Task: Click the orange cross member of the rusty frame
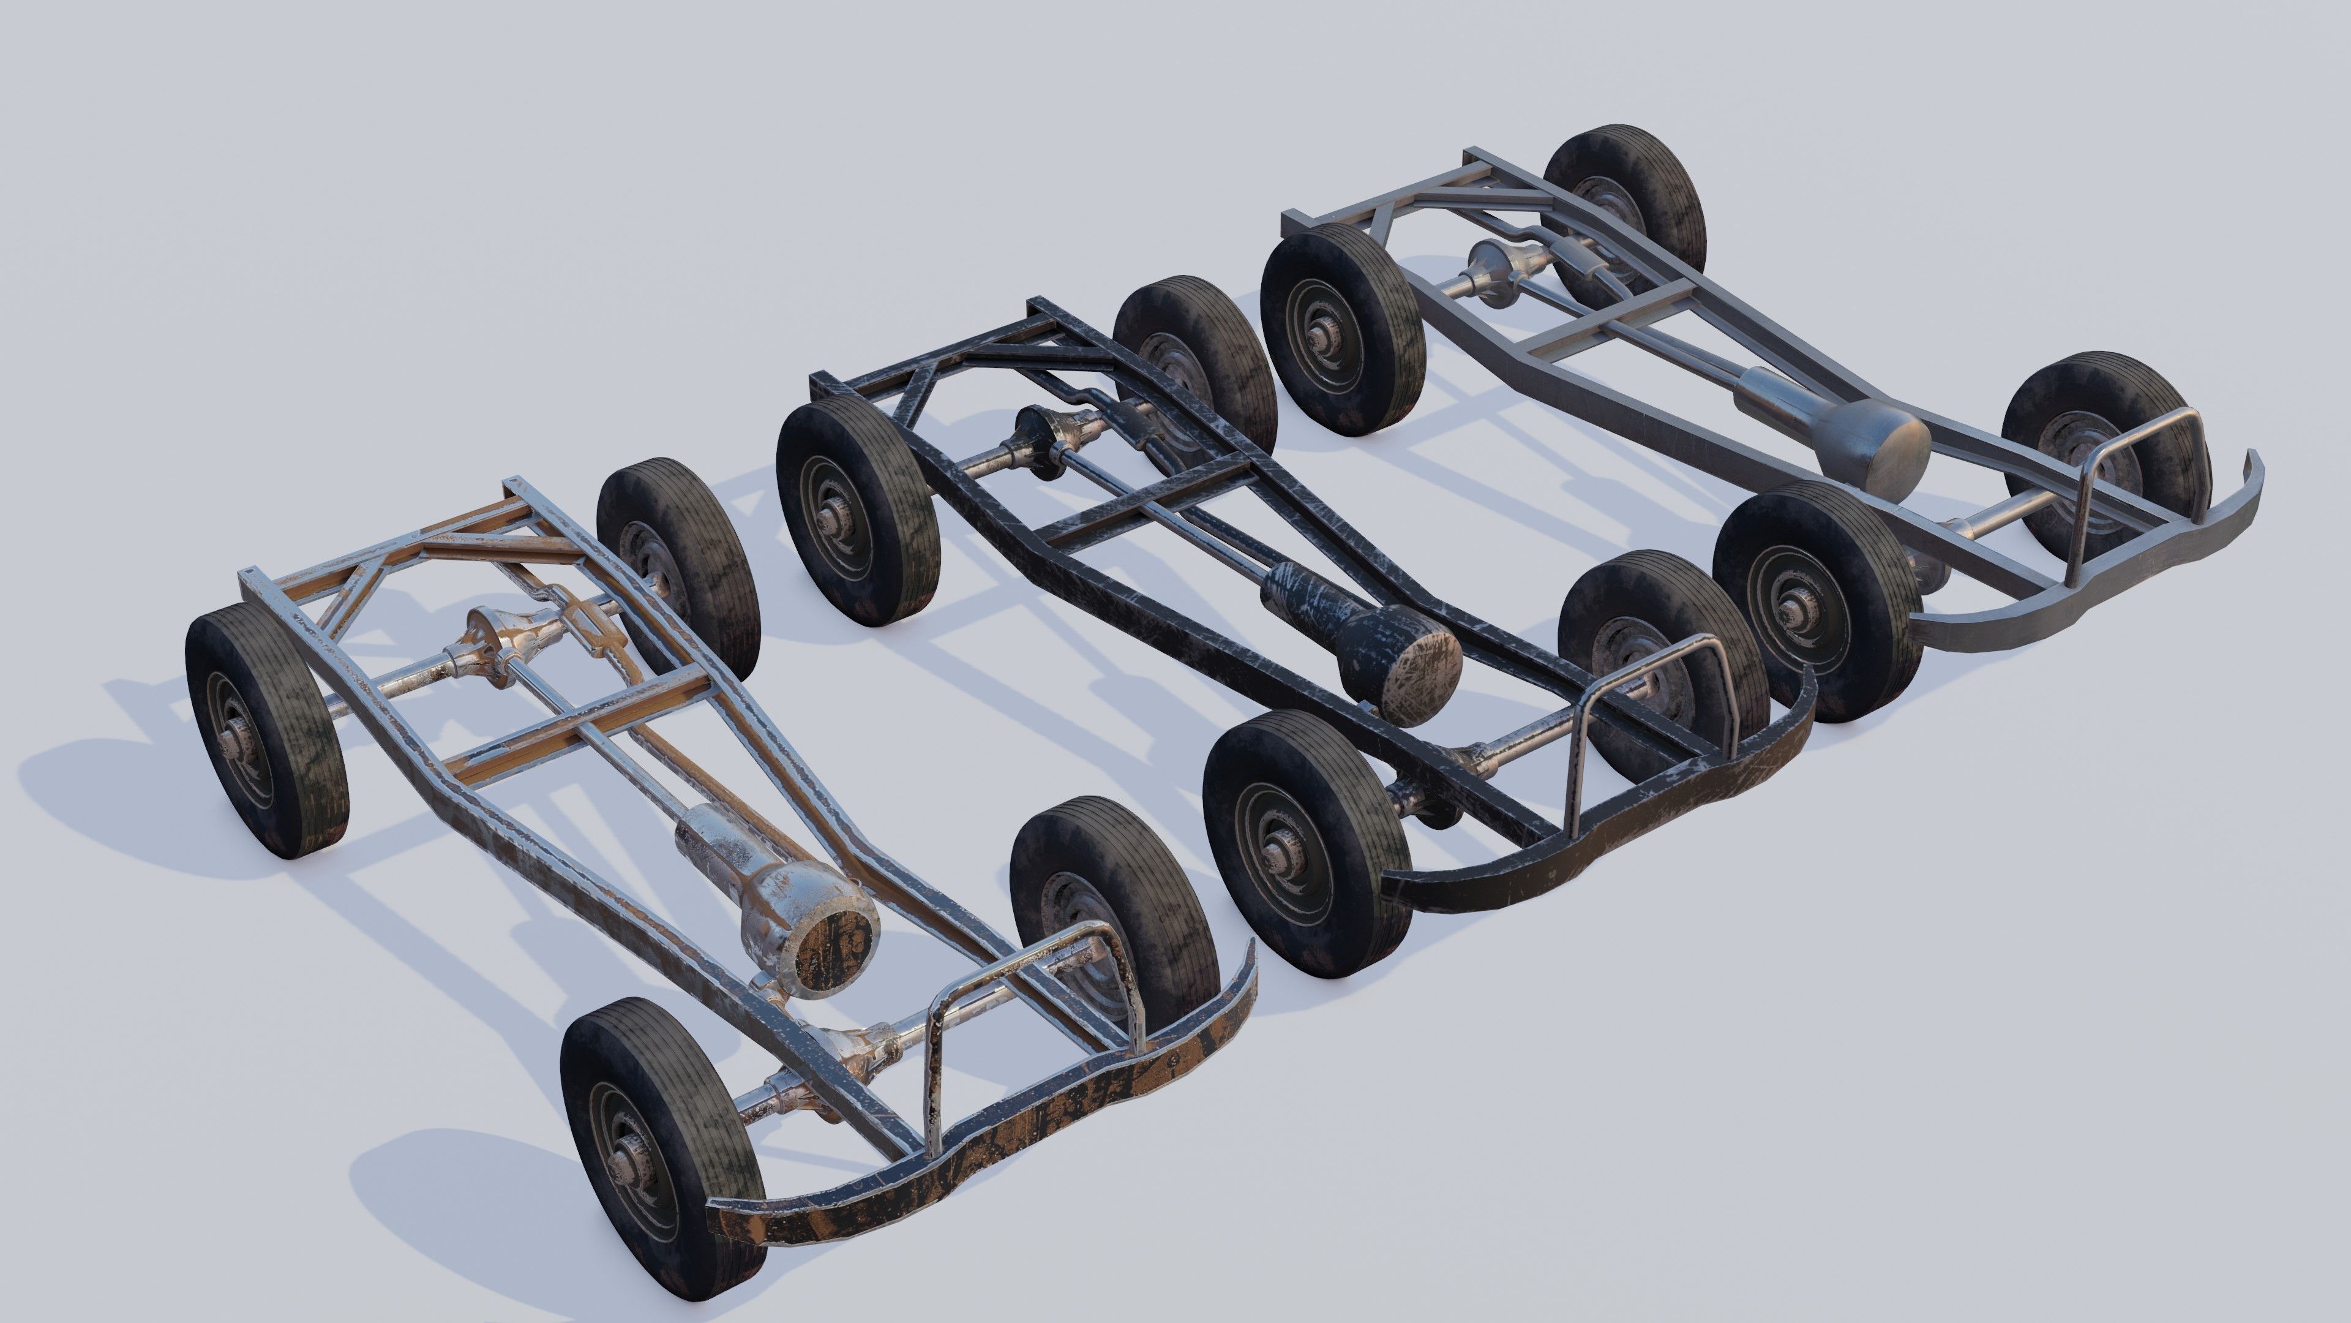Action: click(x=584, y=722)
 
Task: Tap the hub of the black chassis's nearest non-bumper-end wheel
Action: click(x=833, y=527)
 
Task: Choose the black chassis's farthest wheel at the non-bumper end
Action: click(x=1196, y=365)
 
